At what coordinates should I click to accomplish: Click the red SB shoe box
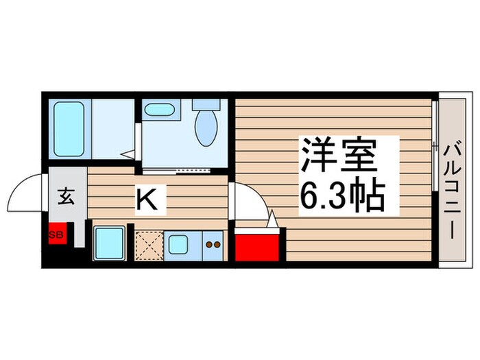click(x=57, y=235)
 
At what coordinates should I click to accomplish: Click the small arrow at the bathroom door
click(x=128, y=154)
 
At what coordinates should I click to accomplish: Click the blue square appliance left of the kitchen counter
click(x=108, y=242)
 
